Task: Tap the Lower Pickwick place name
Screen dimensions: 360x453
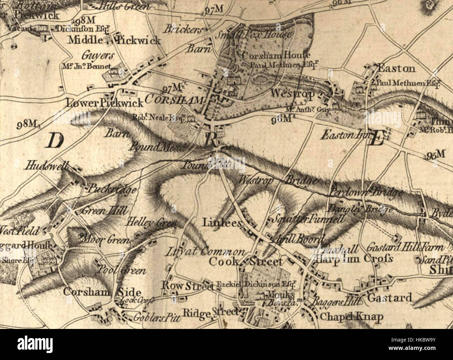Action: pos(104,103)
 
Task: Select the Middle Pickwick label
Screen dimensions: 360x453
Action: pos(114,40)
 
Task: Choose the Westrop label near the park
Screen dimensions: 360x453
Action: pos(292,93)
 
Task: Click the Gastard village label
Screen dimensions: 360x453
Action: pos(390,298)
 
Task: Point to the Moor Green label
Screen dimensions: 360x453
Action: pos(105,240)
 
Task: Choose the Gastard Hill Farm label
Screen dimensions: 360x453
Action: pos(405,247)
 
